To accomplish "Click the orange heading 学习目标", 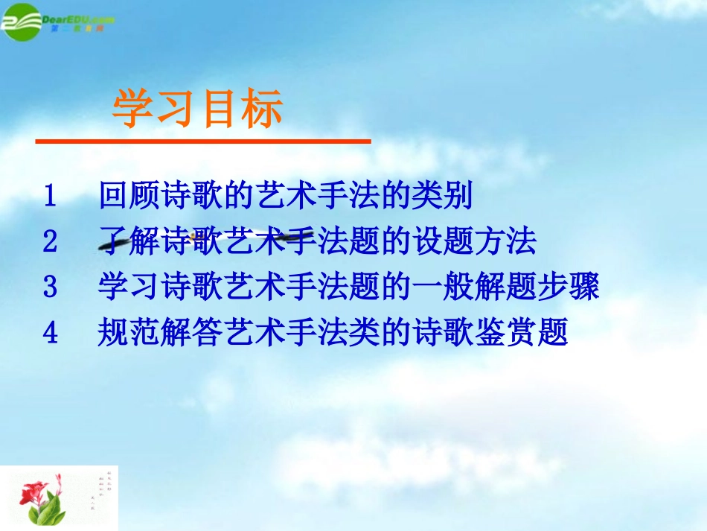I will (x=197, y=109).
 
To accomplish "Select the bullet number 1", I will (x=50, y=197).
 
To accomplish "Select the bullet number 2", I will (x=50, y=242).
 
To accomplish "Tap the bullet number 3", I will (x=50, y=287).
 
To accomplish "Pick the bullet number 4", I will (x=50, y=333).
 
